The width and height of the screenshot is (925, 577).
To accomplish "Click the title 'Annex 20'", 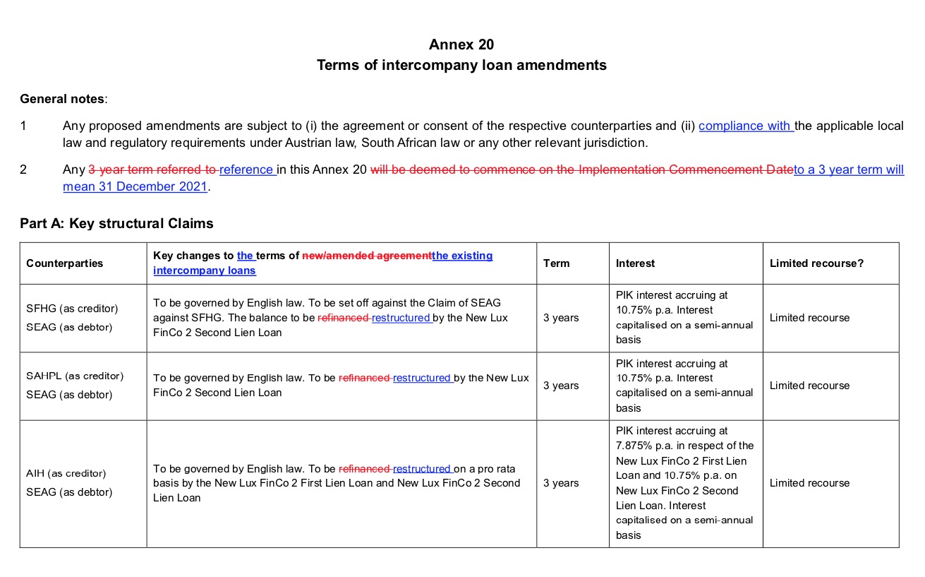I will tap(461, 44).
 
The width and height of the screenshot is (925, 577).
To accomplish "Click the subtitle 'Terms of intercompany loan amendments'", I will tap(461, 65).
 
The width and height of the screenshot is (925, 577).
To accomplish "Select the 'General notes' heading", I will tap(62, 99).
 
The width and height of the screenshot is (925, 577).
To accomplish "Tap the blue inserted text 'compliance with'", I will tap(745, 126).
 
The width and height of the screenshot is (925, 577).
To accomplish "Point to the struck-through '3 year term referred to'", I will tap(152, 169).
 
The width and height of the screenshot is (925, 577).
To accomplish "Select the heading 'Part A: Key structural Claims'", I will tap(116, 223).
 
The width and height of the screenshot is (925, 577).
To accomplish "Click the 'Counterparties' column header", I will tap(64, 263).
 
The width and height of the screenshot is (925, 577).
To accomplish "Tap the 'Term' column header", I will tap(556, 263).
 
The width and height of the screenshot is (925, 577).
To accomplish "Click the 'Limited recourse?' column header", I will tap(816, 263).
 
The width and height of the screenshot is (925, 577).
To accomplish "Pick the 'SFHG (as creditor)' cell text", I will tap(72, 309).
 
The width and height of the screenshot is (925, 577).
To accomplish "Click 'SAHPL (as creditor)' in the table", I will tap(75, 376).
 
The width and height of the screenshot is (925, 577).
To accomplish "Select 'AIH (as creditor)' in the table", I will tap(66, 473).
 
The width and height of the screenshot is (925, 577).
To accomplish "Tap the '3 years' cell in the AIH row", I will tap(561, 483).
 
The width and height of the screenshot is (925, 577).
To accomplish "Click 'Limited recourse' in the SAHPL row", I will tap(809, 386).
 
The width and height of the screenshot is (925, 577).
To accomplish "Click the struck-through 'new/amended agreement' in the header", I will tap(366, 256).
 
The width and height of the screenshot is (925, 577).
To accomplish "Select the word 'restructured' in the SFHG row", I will tap(401, 318).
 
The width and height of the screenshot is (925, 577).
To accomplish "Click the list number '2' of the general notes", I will tap(23, 169).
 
